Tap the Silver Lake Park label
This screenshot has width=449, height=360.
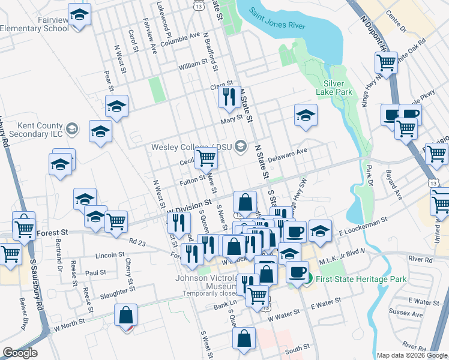(x=337, y=88)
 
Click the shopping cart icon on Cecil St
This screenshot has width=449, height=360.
(x=206, y=158)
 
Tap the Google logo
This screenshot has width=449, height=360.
(x=20, y=353)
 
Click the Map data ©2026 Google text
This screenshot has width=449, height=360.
(x=412, y=355)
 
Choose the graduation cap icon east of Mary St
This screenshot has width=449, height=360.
(x=306, y=115)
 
